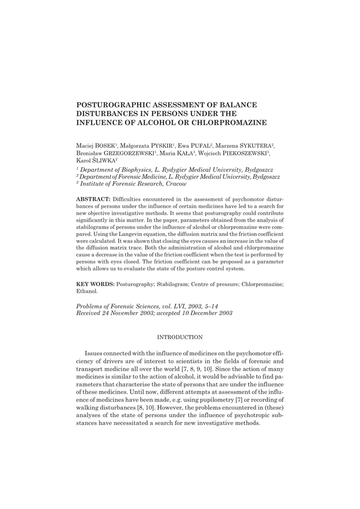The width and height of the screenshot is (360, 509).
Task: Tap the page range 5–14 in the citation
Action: [x=208, y=306]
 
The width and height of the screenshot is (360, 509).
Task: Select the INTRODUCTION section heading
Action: [x=180, y=338]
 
